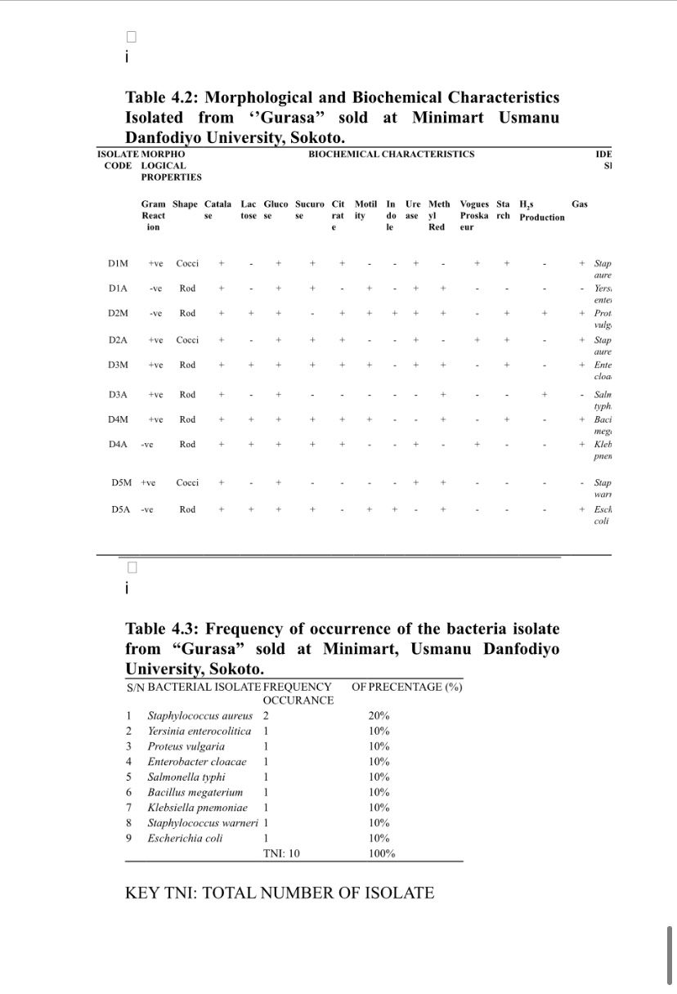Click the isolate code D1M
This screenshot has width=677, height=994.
tap(118, 263)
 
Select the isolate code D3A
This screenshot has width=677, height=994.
tap(118, 395)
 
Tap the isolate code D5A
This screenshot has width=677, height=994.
tap(121, 509)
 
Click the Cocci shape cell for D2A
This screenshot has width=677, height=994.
tap(187, 339)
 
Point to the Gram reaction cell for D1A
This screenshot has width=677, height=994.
tap(155, 289)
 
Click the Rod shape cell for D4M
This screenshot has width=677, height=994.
tap(187, 419)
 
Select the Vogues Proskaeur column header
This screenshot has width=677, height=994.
tap(474, 216)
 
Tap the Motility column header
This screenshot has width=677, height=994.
tap(365, 210)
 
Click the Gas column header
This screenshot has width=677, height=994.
tap(579, 204)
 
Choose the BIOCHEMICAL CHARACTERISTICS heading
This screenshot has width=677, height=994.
tap(391, 154)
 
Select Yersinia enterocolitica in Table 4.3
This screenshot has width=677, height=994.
tap(200, 731)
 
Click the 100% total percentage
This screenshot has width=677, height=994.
tap(382, 853)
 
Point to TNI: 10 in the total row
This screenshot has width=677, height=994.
tap(281, 853)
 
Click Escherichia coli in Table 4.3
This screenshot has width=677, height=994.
tap(185, 838)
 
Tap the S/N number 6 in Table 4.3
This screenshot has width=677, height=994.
tap(129, 792)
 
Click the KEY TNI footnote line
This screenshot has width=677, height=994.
tap(280, 893)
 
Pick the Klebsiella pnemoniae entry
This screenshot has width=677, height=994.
tap(197, 808)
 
